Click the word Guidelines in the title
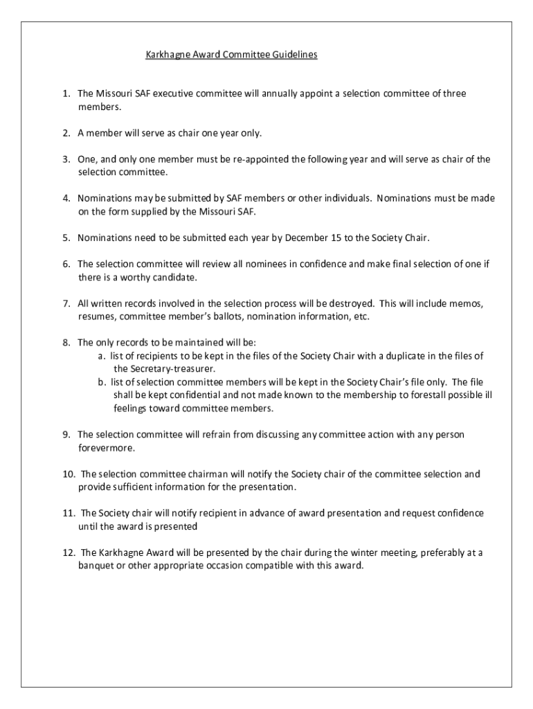(295, 55)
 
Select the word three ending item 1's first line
(454, 93)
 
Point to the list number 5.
(66, 238)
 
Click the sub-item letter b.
(102, 382)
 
